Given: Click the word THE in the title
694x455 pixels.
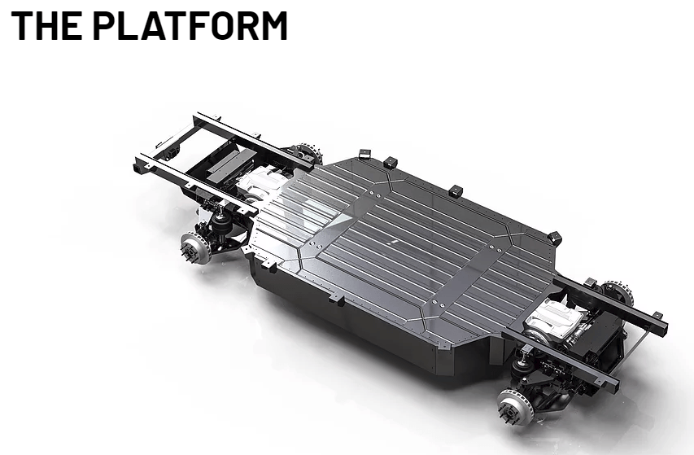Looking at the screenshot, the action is [46, 26].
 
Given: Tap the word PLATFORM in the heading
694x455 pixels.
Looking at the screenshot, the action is [190, 26].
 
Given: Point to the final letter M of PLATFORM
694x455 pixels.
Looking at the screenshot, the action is [272, 26].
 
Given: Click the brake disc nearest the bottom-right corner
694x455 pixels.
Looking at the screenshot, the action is [514, 407].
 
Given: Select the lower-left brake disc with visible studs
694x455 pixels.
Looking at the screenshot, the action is [195, 248].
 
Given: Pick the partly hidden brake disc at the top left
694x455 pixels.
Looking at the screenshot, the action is [309, 153].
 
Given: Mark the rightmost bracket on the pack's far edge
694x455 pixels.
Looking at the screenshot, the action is [555, 238].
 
